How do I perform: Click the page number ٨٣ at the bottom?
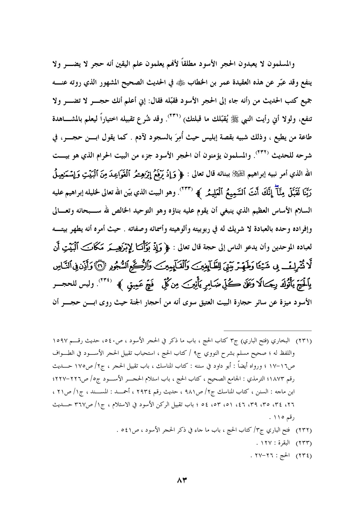point(181,481)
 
